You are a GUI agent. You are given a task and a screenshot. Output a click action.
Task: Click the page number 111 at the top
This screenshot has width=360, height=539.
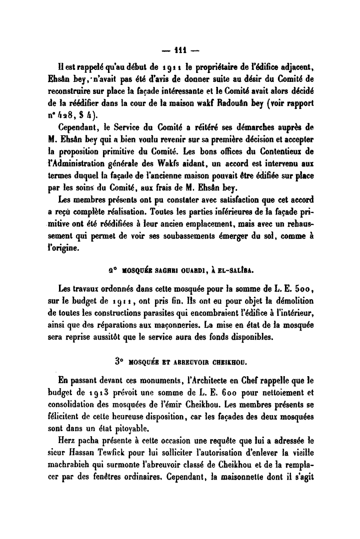181,51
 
